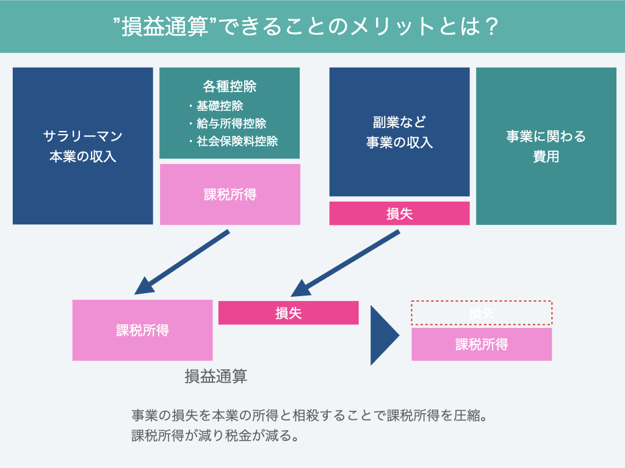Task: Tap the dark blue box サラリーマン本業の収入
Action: (x=83, y=146)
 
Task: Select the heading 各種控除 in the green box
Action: (x=229, y=87)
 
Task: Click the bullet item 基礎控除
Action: (x=220, y=106)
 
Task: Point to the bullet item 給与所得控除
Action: (x=231, y=124)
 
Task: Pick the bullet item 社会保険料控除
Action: (x=237, y=141)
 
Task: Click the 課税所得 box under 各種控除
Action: (x=229, y=194)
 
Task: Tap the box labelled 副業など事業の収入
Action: (x=399, y=132)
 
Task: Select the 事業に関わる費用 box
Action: (x=546, y=146)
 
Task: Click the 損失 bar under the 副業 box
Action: (x=399, y=214)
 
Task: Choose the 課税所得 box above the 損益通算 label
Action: (x=142, y=330)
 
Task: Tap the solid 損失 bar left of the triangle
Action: (x=288, y=313)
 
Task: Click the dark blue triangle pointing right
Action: (x=383, y=335)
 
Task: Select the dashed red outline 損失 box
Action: (x=482, y=313)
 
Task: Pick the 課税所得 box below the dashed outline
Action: (x=482, y=344)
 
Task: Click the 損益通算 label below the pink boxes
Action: (x=215, y=376)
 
